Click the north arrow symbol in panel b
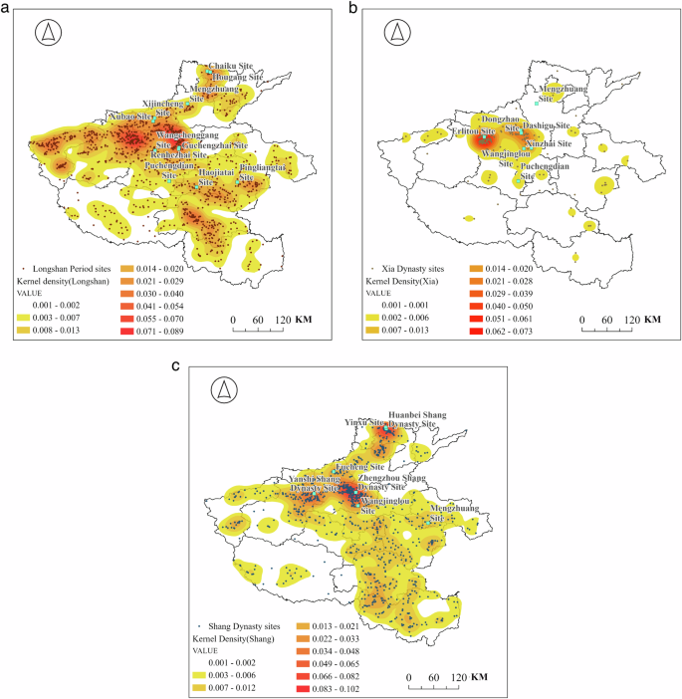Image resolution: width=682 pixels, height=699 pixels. pos(397,33)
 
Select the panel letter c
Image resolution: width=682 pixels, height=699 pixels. pos(176,366)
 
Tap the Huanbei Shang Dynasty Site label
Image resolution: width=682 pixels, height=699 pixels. pos(411,417)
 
